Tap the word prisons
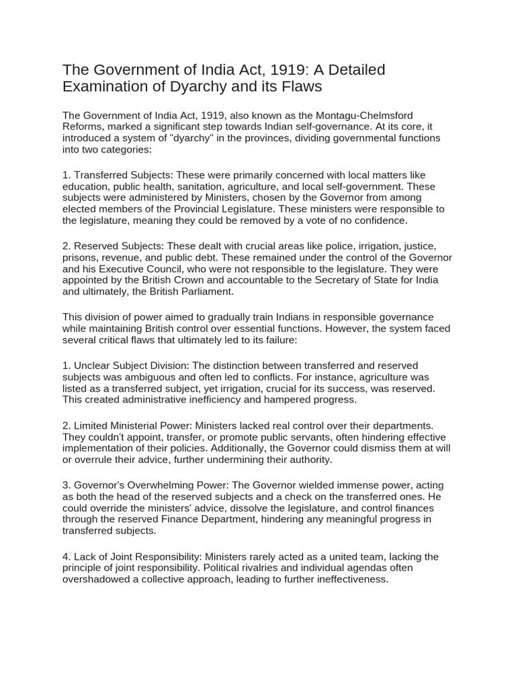pos(81,259)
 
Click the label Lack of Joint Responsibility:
pos(137,557)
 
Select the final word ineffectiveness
pos(351,579)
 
